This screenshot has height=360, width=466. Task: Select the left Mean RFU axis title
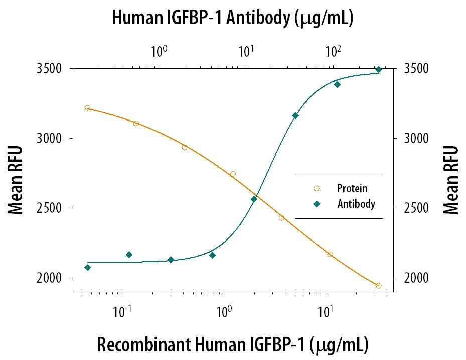point(16,180)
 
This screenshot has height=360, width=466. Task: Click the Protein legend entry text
point(352,189)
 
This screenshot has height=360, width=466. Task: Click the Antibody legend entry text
point(356,204)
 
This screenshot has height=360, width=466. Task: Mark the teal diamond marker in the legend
point(316,204)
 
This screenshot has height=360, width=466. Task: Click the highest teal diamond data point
point(379,70)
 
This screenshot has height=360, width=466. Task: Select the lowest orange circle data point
point(378,286)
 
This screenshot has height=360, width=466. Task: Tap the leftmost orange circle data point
point(87,108)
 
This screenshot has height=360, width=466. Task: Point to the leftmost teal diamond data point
point(88,268)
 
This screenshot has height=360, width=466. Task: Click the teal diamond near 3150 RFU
point(295,116)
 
